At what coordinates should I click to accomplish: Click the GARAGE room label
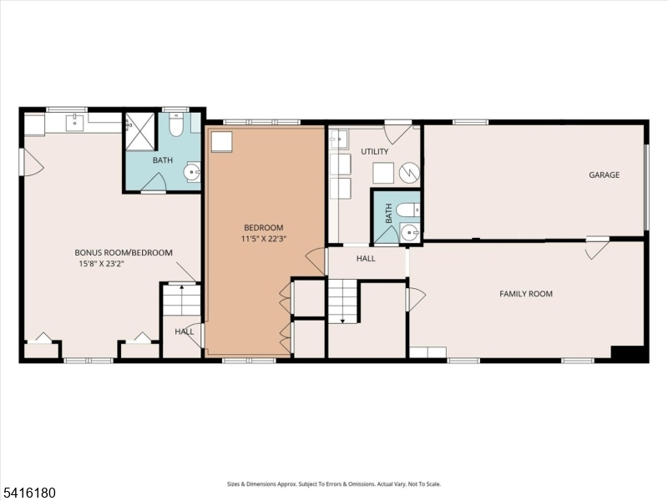604,175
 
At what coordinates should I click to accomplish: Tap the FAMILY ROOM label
526,294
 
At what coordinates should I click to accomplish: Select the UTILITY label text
374,152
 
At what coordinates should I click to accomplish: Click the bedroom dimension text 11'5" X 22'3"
263,239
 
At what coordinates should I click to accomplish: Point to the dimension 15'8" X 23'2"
101,264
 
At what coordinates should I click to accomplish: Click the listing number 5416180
28,493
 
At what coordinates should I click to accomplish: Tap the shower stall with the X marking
139,131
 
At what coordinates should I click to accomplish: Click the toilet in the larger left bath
175,124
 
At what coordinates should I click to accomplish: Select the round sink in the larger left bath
192,173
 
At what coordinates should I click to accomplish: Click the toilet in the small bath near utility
407,210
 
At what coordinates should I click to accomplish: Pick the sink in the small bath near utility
409,233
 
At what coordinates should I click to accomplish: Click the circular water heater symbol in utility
409,173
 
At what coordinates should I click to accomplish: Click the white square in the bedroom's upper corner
222,142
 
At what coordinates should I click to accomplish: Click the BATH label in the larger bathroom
163,160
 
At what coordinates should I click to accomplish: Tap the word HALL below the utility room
366,259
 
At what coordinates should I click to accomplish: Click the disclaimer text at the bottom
334,484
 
